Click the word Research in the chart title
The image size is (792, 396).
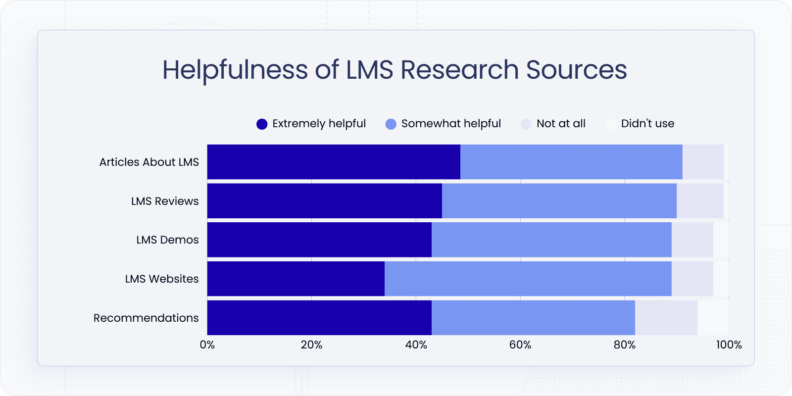coord(459,70)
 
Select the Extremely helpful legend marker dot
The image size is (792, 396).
coord(262,124)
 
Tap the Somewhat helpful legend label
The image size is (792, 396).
coord(451,124)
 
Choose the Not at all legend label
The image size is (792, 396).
coord(561,124)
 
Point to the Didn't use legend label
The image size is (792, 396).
coord(647,124)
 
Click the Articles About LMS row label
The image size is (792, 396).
coord(149,162)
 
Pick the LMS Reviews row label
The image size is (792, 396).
coord(165,201)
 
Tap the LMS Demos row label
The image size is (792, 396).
coord(167,240)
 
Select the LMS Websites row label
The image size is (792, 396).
coord(162,279)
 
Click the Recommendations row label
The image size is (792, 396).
coord(146,318)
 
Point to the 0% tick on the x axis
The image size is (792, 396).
coord(207,345)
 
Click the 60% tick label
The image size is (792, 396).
coord(520,345)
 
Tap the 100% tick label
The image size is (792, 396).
coord(729,345)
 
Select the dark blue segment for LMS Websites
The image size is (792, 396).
coord(296,279)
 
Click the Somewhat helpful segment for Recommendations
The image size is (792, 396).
coord(533,318)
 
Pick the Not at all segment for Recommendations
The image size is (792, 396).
coord(666,318)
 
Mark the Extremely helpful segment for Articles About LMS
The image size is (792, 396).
coord(334,162)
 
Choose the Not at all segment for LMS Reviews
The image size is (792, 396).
coord(700,201)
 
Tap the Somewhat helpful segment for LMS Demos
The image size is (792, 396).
coord(551,240)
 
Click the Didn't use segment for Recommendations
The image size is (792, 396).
coord(713,318)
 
